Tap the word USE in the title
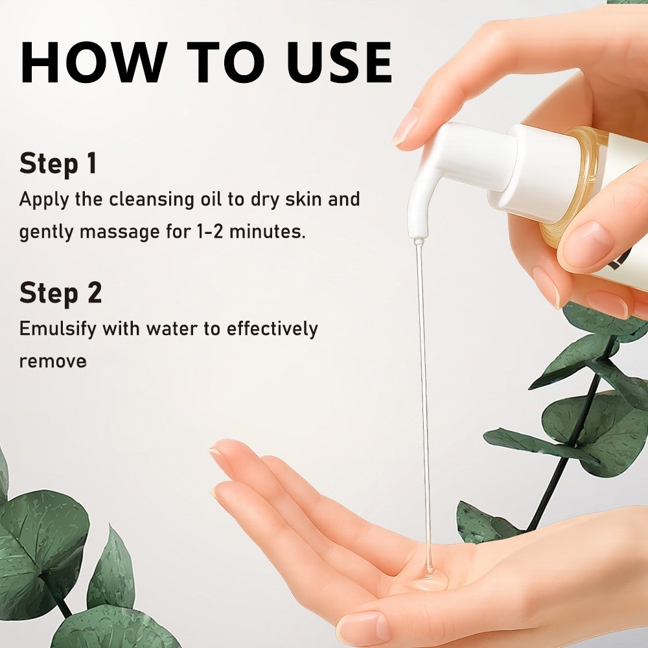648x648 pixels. coord(340,62)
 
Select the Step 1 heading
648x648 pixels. coord(58,164)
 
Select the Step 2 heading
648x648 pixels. coord(60,293)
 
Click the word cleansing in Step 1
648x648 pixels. coord(152,200)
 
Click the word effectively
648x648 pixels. coord(273,329)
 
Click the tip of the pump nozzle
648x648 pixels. coord(419,239)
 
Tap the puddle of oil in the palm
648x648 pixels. coord(430,581)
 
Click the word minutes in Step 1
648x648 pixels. coord(268,231)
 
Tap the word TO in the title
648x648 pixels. coord(227,62)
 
